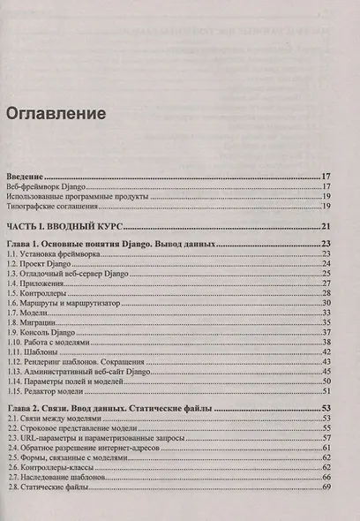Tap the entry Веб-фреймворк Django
pyautogui.click(x=48, y=186)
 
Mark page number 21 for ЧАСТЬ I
pyautogui.click(x=326, y=227)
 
